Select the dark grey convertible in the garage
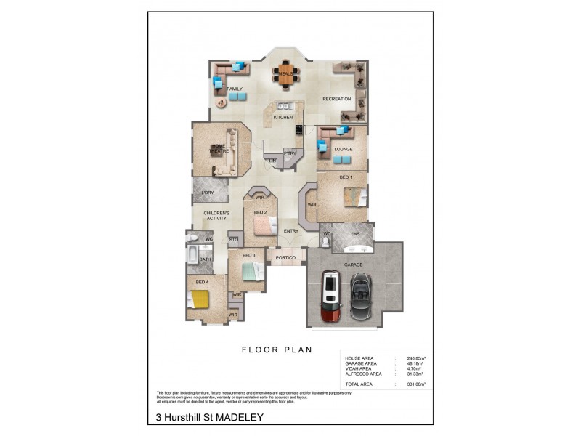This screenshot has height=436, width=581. click(x=360, y=298)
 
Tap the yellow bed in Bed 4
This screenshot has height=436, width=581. click(x=198, y=299)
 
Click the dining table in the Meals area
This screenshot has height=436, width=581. click(x=285, y=73)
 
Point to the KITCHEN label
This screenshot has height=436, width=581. click(x=283, y=117)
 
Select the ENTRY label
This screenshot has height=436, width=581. click(x=290, y=231)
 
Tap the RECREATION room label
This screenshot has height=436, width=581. click(x=337, y=99)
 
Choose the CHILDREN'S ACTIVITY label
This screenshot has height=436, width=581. click(x=216, y=215)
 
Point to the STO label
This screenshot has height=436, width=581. click(x=234, y=239)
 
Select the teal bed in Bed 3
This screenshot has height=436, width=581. click(x=250, y=271)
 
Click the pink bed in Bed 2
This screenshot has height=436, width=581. click(x=262, y=227)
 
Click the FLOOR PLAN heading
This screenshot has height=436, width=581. click(x=277, y=350)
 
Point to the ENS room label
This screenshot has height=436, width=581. click(x=355, y=235)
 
